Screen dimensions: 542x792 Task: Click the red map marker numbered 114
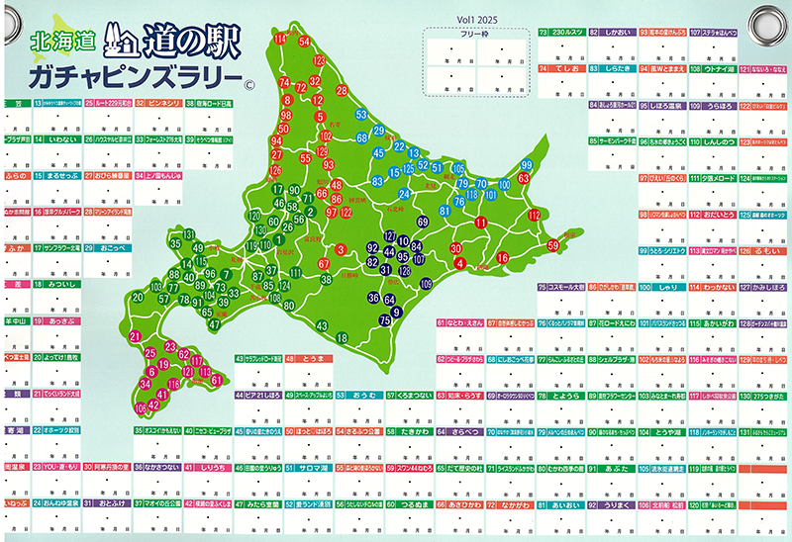coord(280,39)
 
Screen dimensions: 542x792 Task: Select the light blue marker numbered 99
coord(527,165)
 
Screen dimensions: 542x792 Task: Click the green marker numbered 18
coord(342,338)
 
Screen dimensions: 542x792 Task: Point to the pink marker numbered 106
coord(141,406)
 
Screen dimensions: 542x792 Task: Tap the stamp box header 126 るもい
coord(763,251)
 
